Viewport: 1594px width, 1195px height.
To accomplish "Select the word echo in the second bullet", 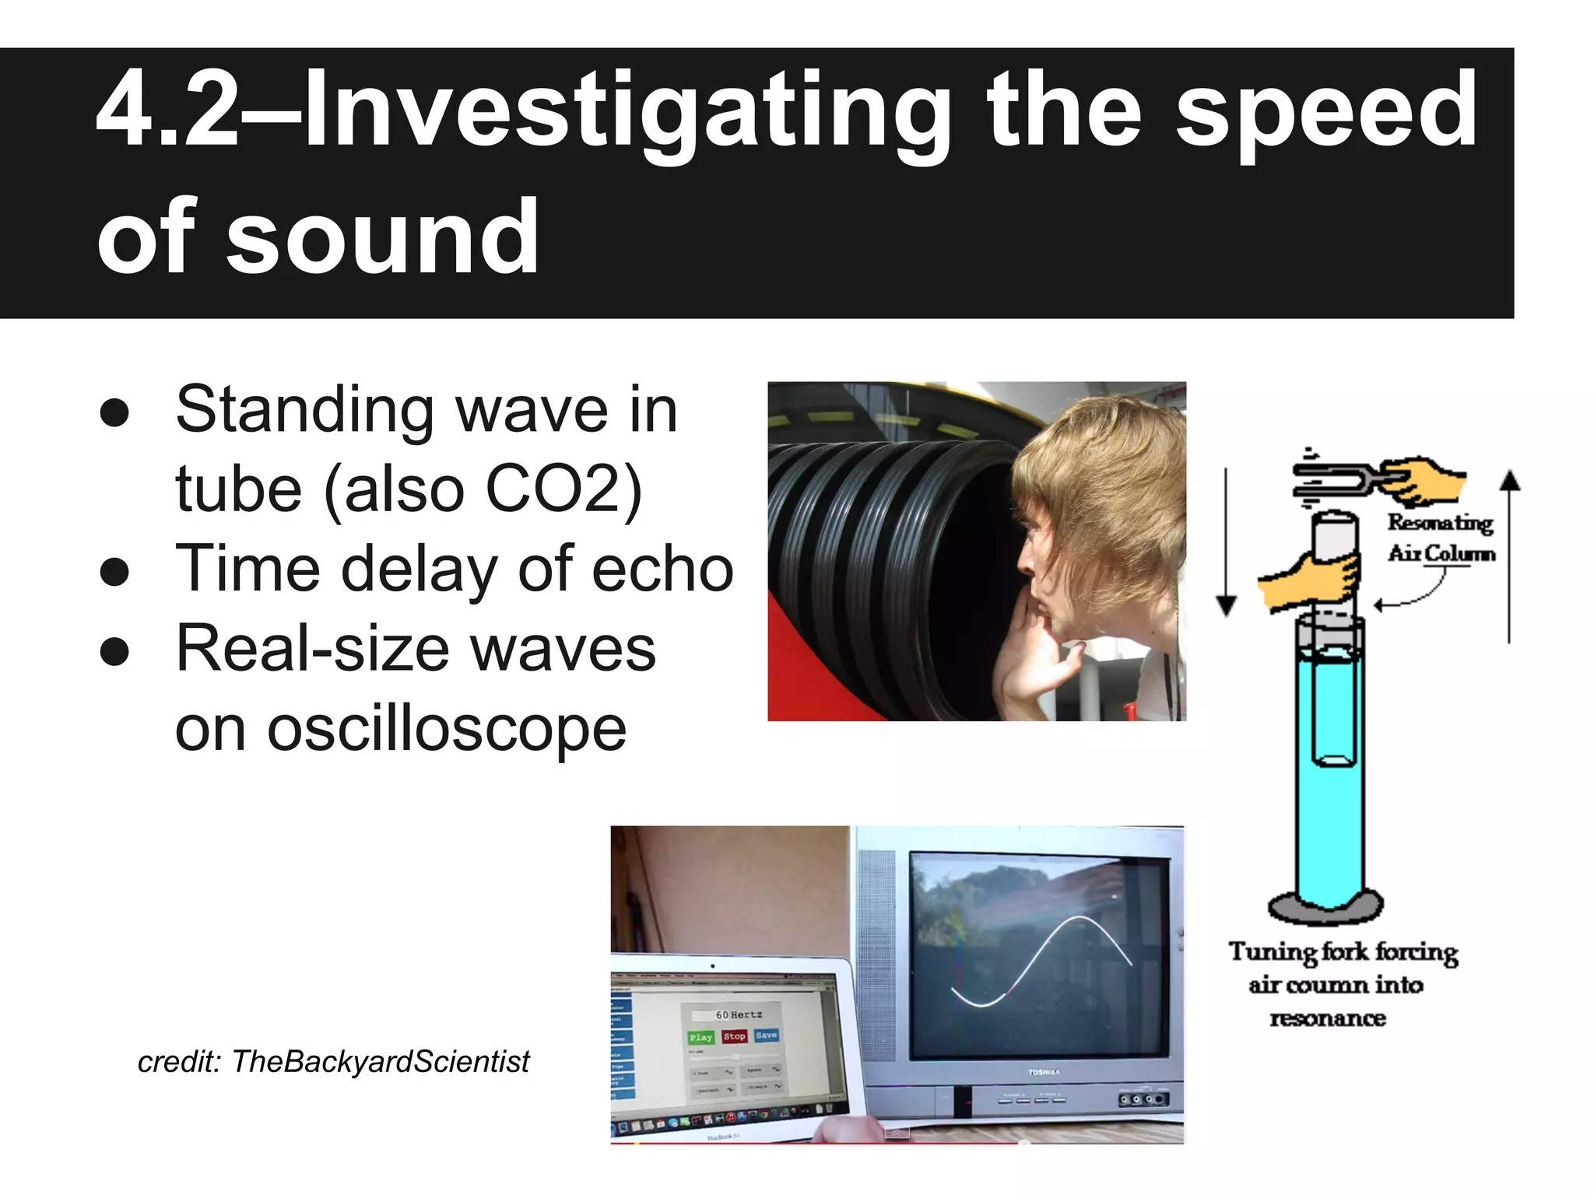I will [x=662, y=569].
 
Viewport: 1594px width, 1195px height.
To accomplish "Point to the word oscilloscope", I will [x=401, y=729].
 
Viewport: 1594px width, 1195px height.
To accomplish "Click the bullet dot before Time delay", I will [x=114, y=573].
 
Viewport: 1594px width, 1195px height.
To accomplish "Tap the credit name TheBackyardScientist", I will [x=381, y=1061].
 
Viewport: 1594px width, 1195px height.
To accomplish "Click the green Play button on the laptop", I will [x=700, y=1037].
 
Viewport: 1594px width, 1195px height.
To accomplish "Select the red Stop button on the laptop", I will [x=734, y=1036].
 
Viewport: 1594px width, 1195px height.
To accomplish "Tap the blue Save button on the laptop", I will [x=766, y=1036].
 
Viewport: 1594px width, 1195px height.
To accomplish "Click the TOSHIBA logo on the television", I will [x=1044, y=1072].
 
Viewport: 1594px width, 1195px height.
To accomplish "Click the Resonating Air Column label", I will [x=1441, y=538].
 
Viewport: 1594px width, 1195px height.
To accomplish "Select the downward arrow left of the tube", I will [x=1227, y=545].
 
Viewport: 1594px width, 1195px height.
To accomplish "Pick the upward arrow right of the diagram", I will [x=1509, y=552].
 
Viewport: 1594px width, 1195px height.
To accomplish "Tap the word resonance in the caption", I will [x=1328, y=1018].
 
